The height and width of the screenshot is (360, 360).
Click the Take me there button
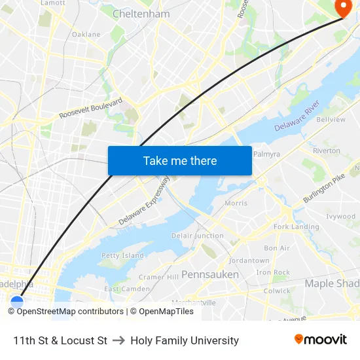pyautogui.click(x=180, y=160)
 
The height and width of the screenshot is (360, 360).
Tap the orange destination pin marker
pyautogui.click(x=343, y=7)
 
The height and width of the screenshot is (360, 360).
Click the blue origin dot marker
pyautogui.click(x=17, y=302)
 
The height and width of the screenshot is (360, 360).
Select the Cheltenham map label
pyautogui.click(x=141, y=14)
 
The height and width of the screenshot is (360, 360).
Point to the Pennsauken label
pyautogui.click(x=209, y=274)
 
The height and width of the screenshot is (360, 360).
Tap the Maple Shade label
pyautogui.click(x=332, y=283)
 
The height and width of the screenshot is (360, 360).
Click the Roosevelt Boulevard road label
pyautogui.click(x=91, y=109)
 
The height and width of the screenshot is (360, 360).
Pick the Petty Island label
pyautogui.click(x=122, y=255)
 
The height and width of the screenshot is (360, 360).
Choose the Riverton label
pyautogui.click(x=327, y=151)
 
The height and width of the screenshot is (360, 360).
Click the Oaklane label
pyautogui.click(x=86, y=34)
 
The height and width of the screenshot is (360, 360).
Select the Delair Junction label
pyautogui.click(x=197, y=236)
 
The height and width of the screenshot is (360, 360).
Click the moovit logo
pyautogui.click(x=320, y=340)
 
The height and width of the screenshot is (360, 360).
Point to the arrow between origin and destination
pyautogui.click(x=118, y=340)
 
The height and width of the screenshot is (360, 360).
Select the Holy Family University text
pyautogui.click(x=185, y=340)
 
